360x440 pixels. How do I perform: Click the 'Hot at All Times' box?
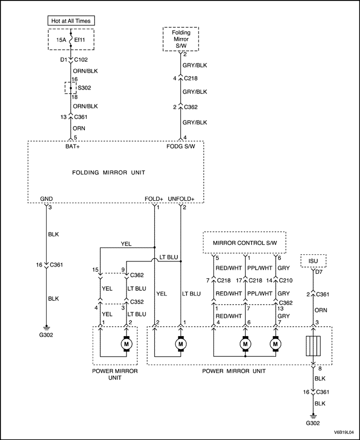[71, 21]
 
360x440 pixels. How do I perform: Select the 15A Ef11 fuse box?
[71, 39]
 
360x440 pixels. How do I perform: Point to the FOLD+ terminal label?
[154, 199]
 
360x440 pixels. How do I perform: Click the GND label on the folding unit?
[46, 199]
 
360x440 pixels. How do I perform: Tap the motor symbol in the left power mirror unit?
[126, 343]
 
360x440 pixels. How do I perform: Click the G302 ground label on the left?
[46, 335]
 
